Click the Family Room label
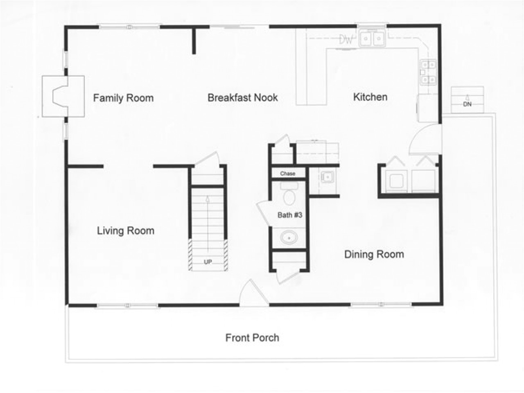pyautogui.click(x=123, y=98)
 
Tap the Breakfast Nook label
pyautogui.click(x=242, y=97)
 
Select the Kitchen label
pyautogui.click(x=370, y=97)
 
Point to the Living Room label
pyautogui.click(x=125, y=230)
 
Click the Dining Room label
pyautogui.click(x=374, y=254)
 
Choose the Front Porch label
pyautogui.click(x=252, y=338)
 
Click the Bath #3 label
pyautogui.click(x=290, y=215)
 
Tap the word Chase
pyautogui.click(x=287, y=174)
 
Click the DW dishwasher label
pyautogui.click(x=346, y=40)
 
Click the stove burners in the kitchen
pyautogui.click(x=428, y=72)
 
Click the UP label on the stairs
pyautogui.click(x=208, y=262)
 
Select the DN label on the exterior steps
pyautogui.click(x=467, y=104)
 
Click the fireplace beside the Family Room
pyautogui.click(x=61, y=96)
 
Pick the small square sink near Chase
pyautogui.click(x=327, y=177)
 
